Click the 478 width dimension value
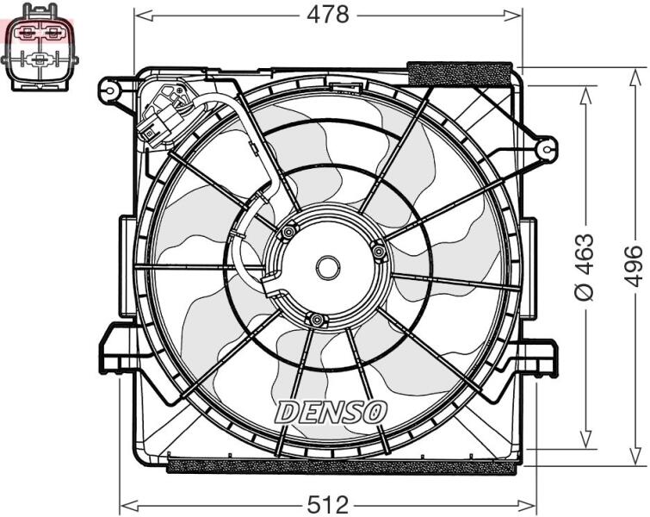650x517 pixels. click(x=327, y=16)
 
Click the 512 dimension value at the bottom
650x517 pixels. click(x=328, y=506)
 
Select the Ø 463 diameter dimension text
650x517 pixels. click(x=584, y=267)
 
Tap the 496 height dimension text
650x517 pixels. click(x=635, y=265)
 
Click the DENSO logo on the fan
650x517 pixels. click(x=331, y=412)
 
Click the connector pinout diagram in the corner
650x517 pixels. click(x=40, y=47)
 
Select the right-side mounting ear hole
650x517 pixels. click(x=548, y=150)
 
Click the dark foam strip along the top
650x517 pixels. click(x=460, y=74)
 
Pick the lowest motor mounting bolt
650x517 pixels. click(x=317, y=320)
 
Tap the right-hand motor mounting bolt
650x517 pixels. click(x=379, y=250)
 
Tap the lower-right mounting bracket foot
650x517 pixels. click(x=539, y=358)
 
